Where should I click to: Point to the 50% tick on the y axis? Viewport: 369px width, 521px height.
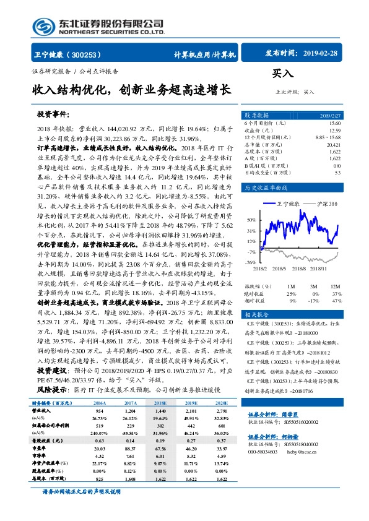(251, 220)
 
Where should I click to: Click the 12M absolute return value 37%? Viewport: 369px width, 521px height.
(336, 293)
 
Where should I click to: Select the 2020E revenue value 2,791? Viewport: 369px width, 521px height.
(222, 410)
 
